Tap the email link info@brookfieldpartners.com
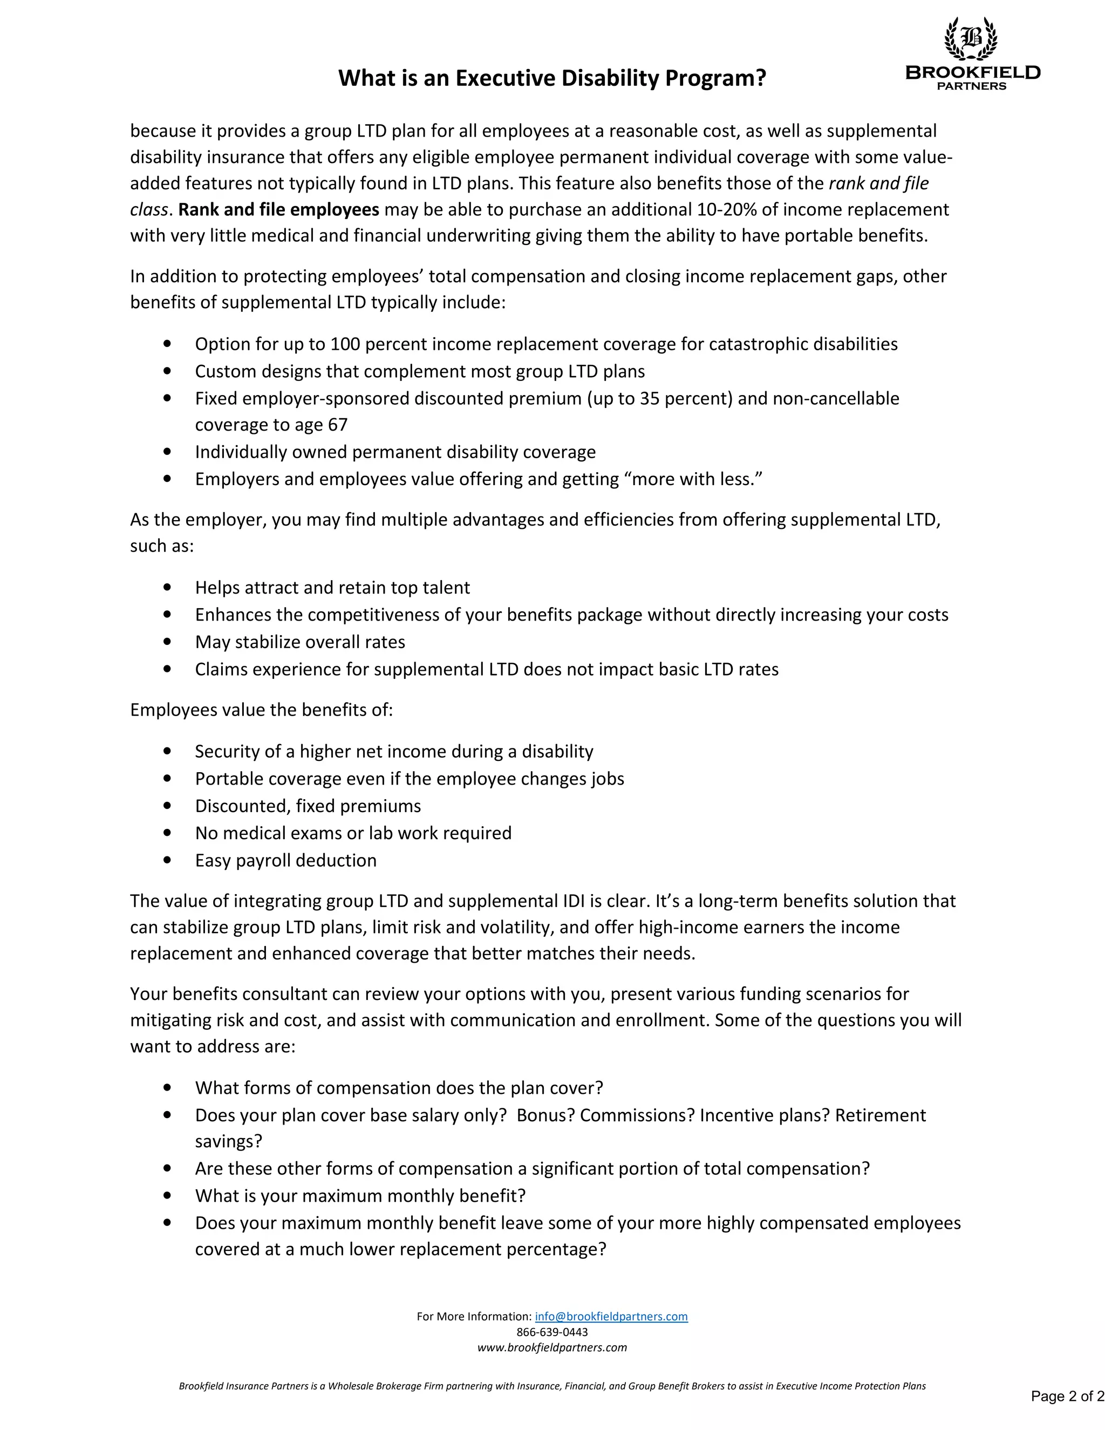[x=611, y=1316]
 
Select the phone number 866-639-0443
[x=552, y=1332]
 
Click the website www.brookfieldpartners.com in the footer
[x=552, y=1347]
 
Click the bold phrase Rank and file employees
[x=278, y=209]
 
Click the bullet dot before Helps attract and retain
[x=168, y=587]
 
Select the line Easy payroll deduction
[x=285, y=860]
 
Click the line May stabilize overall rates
[x=300, y=642]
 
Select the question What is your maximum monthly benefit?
[x=360, y=1196]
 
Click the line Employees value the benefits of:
[x=261, y=710]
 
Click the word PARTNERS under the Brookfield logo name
[x=971, y=86]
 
